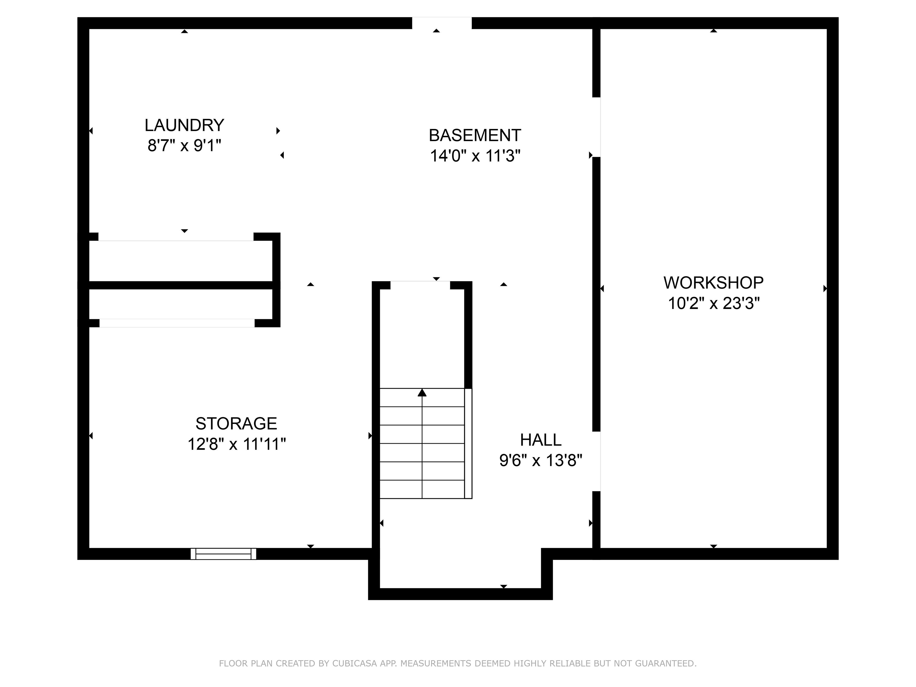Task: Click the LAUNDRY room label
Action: click(184, 125)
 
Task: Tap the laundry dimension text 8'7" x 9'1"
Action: click(184, 146)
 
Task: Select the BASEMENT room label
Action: click(475, 135)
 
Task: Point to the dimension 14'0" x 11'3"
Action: click(475, 156)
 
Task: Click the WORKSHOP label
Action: click(713, 283)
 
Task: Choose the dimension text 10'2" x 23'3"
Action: click(713, 304)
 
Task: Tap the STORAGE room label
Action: click(236, 424)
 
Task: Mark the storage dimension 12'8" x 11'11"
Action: click(236, 444)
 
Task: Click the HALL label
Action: click(540, 440)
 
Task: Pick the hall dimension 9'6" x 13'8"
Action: click(540, 460)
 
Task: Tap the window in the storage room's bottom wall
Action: click(223, 554)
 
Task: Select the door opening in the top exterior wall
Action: click(441, 23)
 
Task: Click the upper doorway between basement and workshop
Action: click(596, 127)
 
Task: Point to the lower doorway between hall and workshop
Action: click(596, 461)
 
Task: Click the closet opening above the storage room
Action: click(177, 323)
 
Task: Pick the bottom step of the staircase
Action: click(422, 490)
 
